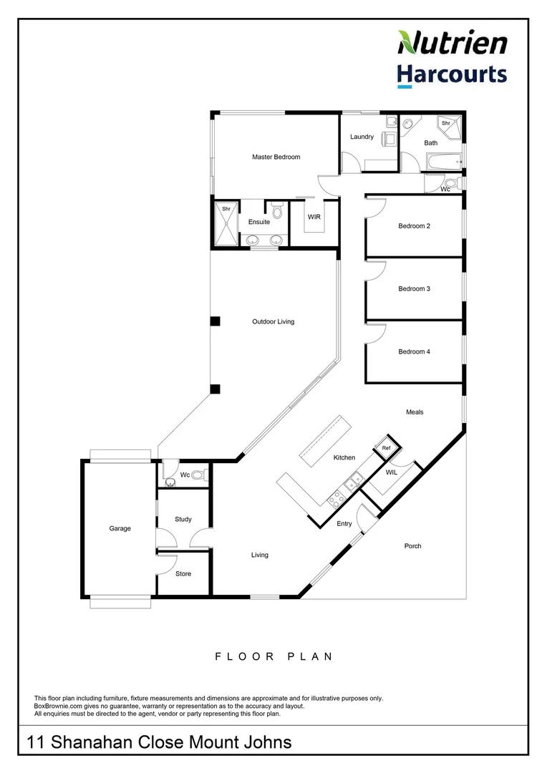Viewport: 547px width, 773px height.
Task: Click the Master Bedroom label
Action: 276,157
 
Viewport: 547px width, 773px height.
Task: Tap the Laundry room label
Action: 362,137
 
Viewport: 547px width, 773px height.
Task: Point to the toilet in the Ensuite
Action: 277,210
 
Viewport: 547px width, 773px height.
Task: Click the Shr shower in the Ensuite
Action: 226,223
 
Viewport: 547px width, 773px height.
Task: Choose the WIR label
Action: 314,216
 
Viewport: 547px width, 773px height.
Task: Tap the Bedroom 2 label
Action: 414,226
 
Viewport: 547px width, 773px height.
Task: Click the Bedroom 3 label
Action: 414,289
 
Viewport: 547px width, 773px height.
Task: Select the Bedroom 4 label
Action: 414,351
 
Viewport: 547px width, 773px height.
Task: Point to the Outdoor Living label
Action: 273,322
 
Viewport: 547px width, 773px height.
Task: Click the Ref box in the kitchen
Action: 386,448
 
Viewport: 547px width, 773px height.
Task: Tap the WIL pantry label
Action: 391,473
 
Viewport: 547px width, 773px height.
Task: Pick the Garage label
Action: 120,529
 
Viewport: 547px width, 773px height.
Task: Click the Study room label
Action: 183,520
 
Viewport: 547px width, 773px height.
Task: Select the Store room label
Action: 183,574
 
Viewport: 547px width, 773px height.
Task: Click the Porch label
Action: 412,546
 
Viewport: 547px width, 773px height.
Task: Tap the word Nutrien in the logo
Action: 452,43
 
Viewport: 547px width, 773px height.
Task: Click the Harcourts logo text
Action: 452,75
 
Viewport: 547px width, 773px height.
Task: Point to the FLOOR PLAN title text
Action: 273,656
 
